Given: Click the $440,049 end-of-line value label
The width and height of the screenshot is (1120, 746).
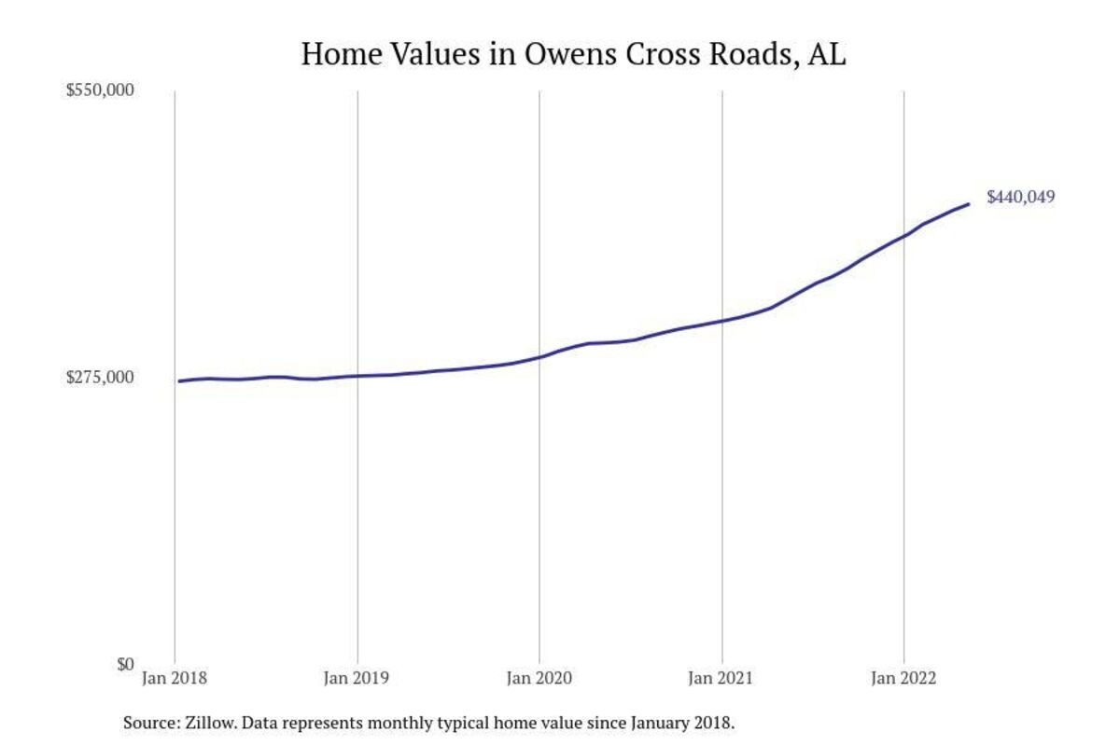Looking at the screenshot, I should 1020,198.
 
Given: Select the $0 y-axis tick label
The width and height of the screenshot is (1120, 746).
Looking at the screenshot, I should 125,665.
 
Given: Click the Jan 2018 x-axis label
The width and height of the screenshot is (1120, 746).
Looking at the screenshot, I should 175,679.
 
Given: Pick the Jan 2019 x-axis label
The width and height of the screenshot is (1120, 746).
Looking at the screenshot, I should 357,679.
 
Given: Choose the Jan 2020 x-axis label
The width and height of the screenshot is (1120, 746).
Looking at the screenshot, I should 539,679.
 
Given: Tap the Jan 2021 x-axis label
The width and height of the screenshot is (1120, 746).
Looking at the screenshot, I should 721,679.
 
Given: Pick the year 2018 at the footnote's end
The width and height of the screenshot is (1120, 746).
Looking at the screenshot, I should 715,723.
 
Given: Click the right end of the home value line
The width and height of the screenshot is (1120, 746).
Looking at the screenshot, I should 968,204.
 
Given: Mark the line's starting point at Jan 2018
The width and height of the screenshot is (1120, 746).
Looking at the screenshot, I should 179,381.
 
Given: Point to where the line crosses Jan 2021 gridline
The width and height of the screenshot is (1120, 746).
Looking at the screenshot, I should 721,322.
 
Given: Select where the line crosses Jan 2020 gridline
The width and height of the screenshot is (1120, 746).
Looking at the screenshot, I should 539,357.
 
